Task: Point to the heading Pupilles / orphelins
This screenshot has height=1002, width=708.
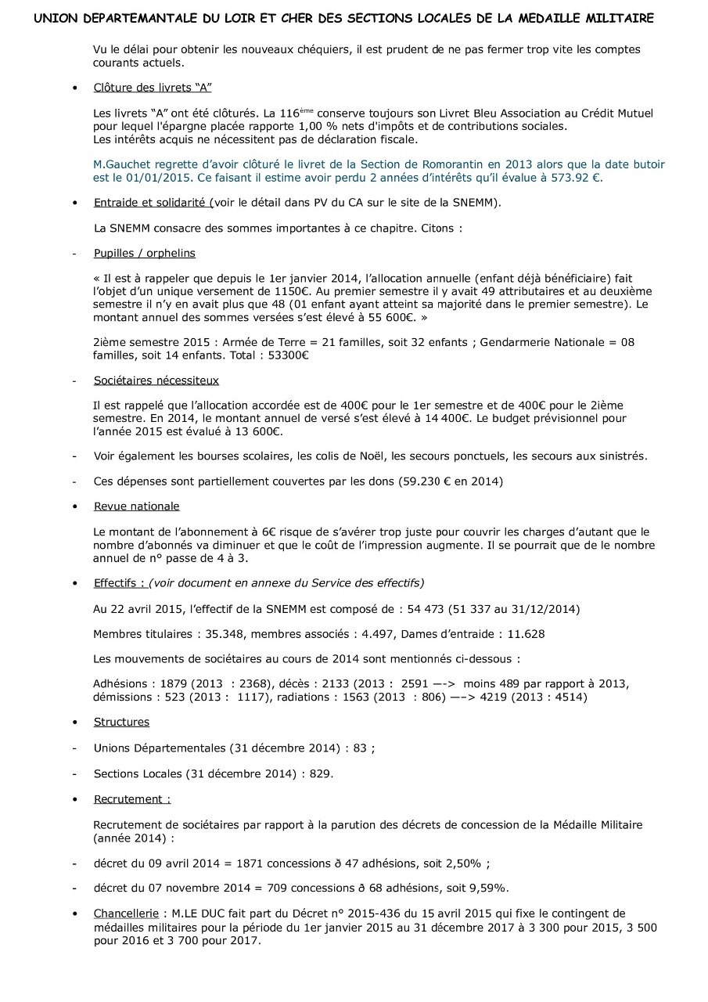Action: (144, 253)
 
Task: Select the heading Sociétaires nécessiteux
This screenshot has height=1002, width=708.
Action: (156, 380)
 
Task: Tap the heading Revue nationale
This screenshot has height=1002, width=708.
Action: (136, 506)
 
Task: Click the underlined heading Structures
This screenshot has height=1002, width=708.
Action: (121, 722)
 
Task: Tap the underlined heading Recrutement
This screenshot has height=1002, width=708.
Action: (131, 799)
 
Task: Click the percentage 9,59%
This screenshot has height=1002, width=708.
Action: (487, 888)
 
